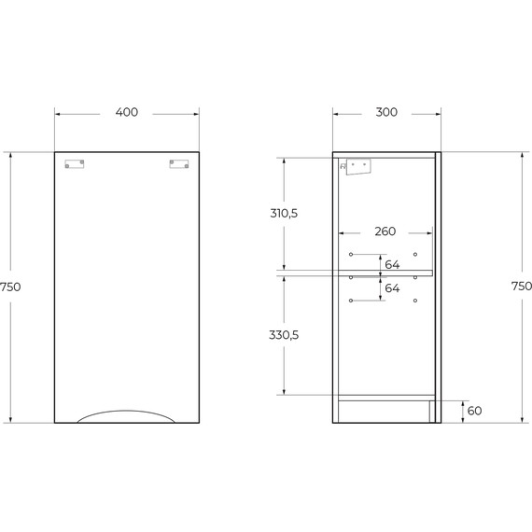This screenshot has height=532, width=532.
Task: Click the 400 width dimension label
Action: coord(127,112)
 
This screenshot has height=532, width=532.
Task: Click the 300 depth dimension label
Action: coord(386,112)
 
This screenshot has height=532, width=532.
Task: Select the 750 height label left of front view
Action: coord(10,287)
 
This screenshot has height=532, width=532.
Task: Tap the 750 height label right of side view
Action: coord(522,287)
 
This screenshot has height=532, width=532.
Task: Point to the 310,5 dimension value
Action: coord(284,214)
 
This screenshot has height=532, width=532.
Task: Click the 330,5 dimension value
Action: coord(284,335)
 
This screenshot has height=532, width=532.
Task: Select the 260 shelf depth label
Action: coord(385,231)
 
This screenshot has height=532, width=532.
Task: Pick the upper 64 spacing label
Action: coord(392,265)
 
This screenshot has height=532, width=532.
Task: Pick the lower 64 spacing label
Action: coord(392,288)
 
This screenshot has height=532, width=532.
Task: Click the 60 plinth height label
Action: coord(474,411)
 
